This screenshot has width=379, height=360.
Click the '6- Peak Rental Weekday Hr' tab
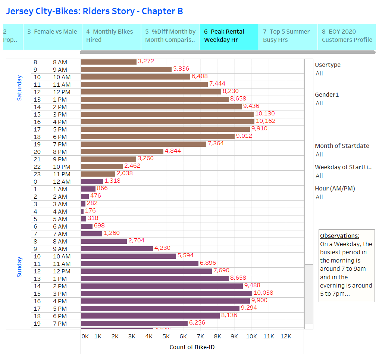point(229,36)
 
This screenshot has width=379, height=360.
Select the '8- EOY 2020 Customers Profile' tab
point(347,36)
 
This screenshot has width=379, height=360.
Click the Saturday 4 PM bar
point(167,122)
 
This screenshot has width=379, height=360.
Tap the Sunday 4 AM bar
point(82,211)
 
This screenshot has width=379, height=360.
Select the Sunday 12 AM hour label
point(62,182)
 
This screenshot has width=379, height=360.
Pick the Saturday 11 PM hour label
point(62,174)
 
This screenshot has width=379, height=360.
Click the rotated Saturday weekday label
point(20,88)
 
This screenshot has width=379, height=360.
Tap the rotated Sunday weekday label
point(20,267)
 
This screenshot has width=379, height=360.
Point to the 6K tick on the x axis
point(183,336)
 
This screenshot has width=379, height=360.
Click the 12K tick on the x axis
point(285,336)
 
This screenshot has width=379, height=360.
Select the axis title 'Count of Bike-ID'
point(192,347)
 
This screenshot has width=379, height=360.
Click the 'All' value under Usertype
point(319,74)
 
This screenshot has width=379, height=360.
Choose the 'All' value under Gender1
point(319,103)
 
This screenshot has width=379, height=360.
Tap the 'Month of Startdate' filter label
point(342,146)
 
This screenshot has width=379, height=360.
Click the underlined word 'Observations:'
point(340,236)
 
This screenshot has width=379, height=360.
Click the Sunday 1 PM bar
point(154,279)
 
